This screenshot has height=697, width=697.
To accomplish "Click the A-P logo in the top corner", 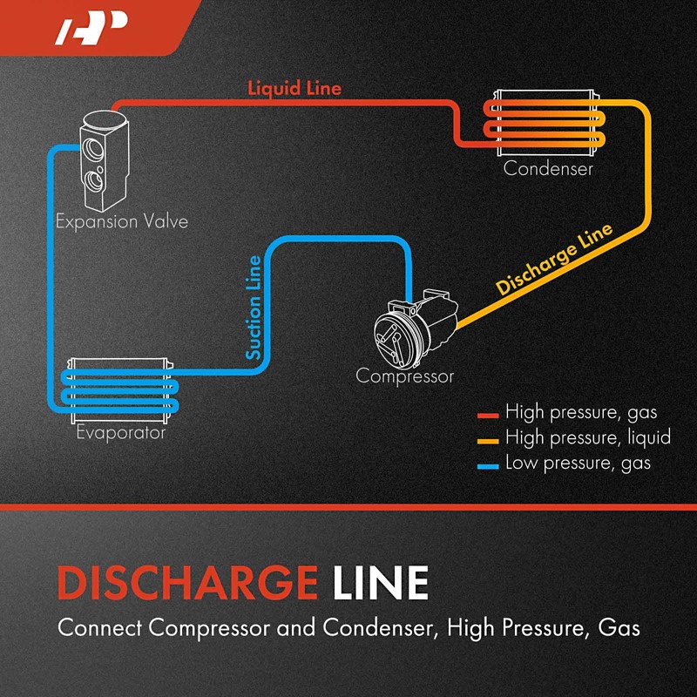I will tap(91, 30).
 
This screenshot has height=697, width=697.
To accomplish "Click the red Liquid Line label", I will tap(294, 88).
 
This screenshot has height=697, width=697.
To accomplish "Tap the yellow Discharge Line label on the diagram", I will tap(555, 260).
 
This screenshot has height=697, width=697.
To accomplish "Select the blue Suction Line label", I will tap(254, 308).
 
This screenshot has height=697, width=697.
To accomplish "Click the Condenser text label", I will tap(548, 168).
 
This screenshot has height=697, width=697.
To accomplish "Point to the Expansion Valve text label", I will tap(121, 221).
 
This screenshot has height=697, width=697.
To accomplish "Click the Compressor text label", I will tap(405, 376).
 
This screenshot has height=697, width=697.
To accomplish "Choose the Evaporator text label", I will tap(120, 431).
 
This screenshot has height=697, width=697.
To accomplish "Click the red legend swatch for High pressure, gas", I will tap(488, 412).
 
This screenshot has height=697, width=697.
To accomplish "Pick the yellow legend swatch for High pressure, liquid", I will tap(488, 438).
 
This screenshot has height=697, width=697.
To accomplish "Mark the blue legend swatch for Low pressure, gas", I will tap(488, 464).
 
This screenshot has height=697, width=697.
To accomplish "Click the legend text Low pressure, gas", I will tap(578, 463).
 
